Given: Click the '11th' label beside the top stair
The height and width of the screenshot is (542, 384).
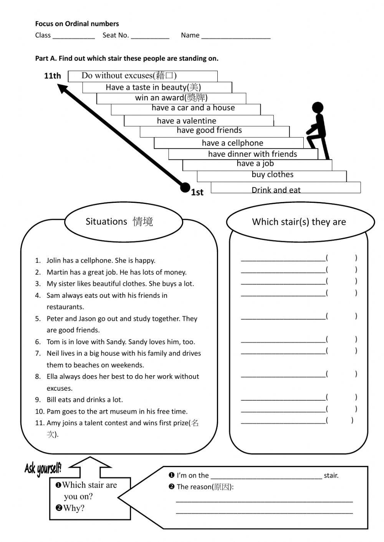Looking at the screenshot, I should tap(52, 76).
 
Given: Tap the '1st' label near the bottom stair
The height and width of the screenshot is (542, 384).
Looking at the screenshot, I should tap(197, 192).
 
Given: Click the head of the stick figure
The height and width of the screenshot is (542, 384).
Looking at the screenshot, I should tap(318, 107).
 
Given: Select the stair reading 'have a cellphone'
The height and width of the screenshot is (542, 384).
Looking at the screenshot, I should tap(232, 143).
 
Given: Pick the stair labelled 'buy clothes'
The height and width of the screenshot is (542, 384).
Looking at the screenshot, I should tap(272, 175).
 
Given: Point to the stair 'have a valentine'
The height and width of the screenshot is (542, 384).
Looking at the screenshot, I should tap(186, 121).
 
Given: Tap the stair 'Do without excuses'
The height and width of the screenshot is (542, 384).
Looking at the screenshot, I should tap(129, 76).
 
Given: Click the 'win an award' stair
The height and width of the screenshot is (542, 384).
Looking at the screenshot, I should tap(171, 98).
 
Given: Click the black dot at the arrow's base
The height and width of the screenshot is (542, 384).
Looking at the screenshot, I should tap(185, 187).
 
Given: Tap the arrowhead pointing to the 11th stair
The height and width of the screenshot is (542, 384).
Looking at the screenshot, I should tap(62, 89).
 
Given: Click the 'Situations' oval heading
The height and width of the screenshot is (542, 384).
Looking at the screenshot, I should tap(119, 222).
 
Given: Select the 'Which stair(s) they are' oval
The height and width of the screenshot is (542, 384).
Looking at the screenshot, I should tap(299, 222).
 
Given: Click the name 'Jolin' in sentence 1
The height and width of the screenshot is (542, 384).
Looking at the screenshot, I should tap(53, 260).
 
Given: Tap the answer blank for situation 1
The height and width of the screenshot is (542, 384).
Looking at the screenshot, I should tap(283, 259).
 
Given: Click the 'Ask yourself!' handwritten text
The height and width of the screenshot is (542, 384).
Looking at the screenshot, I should tap(43, 468).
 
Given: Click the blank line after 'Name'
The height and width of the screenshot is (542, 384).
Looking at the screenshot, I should tap(236, 36).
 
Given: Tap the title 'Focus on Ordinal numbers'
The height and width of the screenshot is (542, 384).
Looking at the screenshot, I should tap(77, 24).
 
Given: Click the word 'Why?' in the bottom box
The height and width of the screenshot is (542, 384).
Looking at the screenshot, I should tap(74, 508).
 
